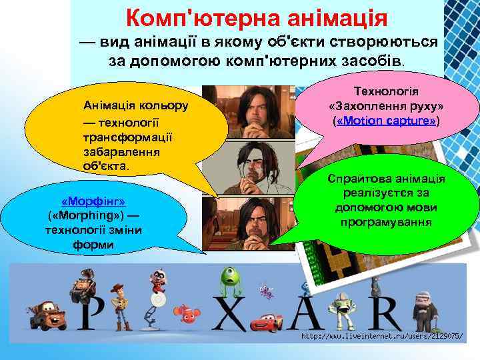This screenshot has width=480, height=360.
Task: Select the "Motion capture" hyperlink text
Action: click(387, 123)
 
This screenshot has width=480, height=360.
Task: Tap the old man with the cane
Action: click(421, 311)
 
